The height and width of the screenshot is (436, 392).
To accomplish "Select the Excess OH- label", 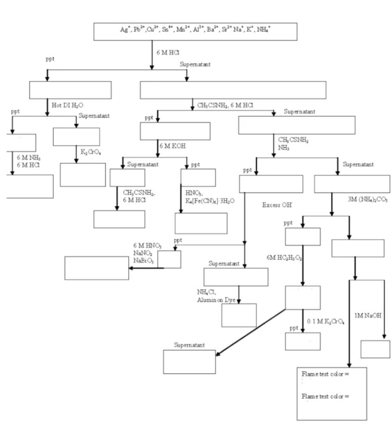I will point(277,205).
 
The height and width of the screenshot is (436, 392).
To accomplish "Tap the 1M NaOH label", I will point(367,316).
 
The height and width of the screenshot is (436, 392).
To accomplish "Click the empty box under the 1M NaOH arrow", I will point(375,349).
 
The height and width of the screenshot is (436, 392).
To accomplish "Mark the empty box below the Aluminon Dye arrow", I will point(239,315).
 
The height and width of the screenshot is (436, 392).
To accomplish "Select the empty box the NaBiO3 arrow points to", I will point(97,268).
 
